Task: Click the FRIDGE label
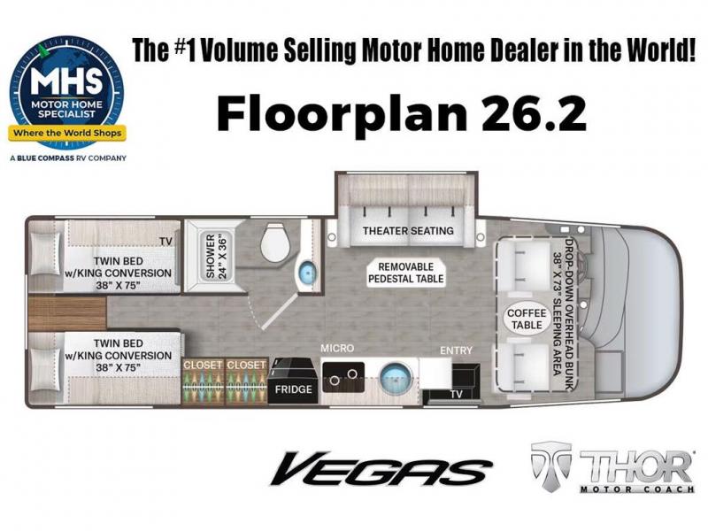[x=294, y=389]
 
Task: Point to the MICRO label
[x=337, y=348]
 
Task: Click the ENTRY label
[x=456, y=350]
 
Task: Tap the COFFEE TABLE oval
[x=527, y=319]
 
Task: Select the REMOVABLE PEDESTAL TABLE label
[x=406, y=273]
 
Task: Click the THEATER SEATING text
[x=408, y=231]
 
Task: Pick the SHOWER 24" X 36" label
[x=217, y=256]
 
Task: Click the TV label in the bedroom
[x=165, y=242]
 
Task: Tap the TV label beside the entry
[x=457, y=394]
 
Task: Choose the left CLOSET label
[x=204, y=365]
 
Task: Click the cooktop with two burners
[x=343, y=377]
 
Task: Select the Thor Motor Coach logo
[x=612, y=468]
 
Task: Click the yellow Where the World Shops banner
[x=67, y=133]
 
